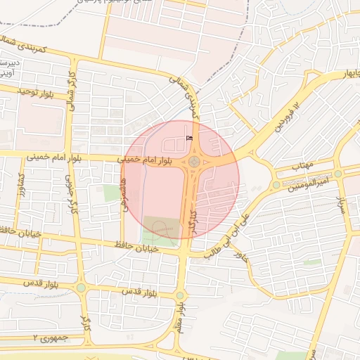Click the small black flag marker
tap(188, 138)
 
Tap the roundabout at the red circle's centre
tap(193, 162)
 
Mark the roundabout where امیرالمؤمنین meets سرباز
tap(338, 173)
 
